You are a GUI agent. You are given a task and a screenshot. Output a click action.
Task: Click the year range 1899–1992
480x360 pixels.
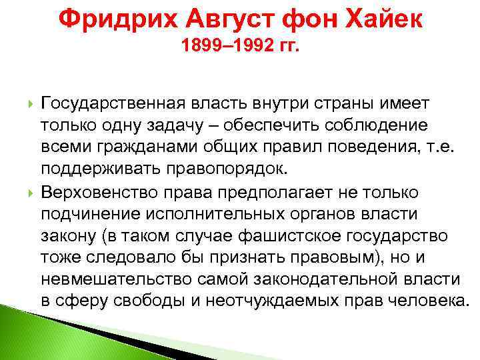pyautogui.click(x=222, y=48)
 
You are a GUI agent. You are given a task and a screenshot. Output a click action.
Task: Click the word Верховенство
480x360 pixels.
pyautogui.click(x=95, y=193)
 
